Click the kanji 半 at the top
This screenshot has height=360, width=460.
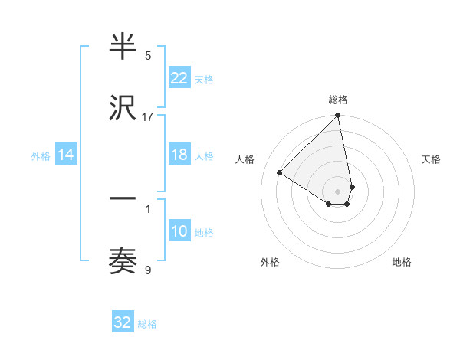tap(123, 48)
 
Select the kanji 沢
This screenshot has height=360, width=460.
tap(123, 109)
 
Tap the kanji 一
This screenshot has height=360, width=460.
tap(123, 198)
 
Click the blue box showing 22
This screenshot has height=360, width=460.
tap(179, 78)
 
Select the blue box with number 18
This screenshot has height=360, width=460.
tap(179, 155)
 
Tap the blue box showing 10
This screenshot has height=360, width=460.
tap(179, 231)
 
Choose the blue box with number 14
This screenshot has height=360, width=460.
tap(66, 155)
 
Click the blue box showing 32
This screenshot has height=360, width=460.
tap(123, 323)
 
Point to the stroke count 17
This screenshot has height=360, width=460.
tap(148, 117)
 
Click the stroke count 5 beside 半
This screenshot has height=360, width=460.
tap(148, 55)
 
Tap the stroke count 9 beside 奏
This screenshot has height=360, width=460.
tap(148, 270)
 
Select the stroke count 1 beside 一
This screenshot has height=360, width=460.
tap(148, 207)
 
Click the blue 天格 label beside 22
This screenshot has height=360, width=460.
tap(204, 79)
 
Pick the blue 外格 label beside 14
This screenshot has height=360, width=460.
tap(41, 156)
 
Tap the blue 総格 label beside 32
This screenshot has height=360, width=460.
tap(147, 324)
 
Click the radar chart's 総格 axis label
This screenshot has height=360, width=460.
tap(338, 100)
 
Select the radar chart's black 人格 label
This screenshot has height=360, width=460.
tap(245, 159)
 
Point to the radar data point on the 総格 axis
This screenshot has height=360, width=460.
tap(338, 116)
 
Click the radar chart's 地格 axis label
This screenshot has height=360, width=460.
tap(402, 262)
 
